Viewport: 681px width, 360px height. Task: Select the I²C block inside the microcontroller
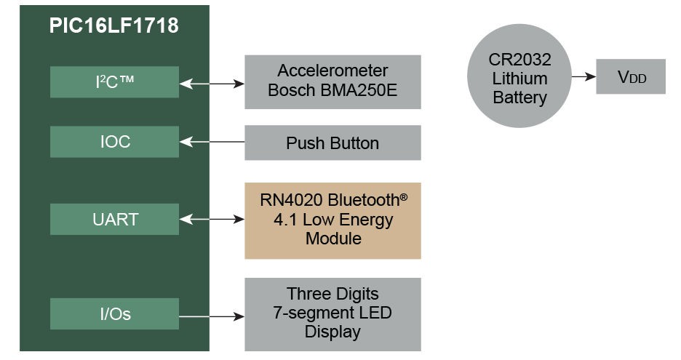[x=114, y=81]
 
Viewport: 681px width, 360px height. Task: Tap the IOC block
[x=114, y=142]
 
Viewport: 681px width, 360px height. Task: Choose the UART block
[x=114, y=219]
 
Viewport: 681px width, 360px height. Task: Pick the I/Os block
[x=114, y=314]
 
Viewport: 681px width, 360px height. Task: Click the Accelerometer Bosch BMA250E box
[x=332, y=81]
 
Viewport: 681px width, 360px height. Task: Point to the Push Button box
[x=332, y=143]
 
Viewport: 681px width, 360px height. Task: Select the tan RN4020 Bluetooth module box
[x=332, y=220]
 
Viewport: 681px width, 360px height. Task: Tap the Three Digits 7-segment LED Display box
[x=332, y=313]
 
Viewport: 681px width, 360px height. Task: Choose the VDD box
[x=631, y=76]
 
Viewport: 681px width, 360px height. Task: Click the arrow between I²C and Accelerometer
[x=212, y=83]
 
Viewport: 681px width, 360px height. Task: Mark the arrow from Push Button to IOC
[x=212, y=143]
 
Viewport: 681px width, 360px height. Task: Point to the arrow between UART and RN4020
[x=212, y=219]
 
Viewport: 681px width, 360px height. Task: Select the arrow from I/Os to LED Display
[x=212, y=316]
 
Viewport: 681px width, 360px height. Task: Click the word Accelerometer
[x=332, y=71]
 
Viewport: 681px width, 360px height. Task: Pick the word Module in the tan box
[x=332, y=239]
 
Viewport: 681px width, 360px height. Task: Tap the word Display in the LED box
[x=332, y=332]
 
